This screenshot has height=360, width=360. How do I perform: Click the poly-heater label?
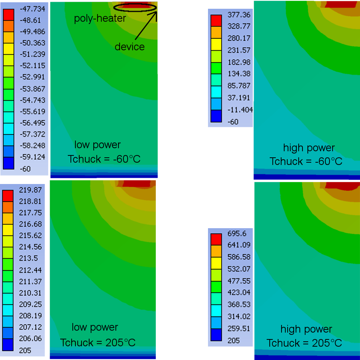[100, 18]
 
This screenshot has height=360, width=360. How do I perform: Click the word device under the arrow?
[130, 47]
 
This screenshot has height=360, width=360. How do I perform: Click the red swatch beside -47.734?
[8, 14]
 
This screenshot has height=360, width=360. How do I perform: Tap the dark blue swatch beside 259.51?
[216, 334]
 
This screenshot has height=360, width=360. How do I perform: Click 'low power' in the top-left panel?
[98, 145]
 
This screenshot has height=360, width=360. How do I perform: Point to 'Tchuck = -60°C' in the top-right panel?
[306, 162]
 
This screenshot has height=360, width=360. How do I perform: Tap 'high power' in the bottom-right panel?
[306, 329]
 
